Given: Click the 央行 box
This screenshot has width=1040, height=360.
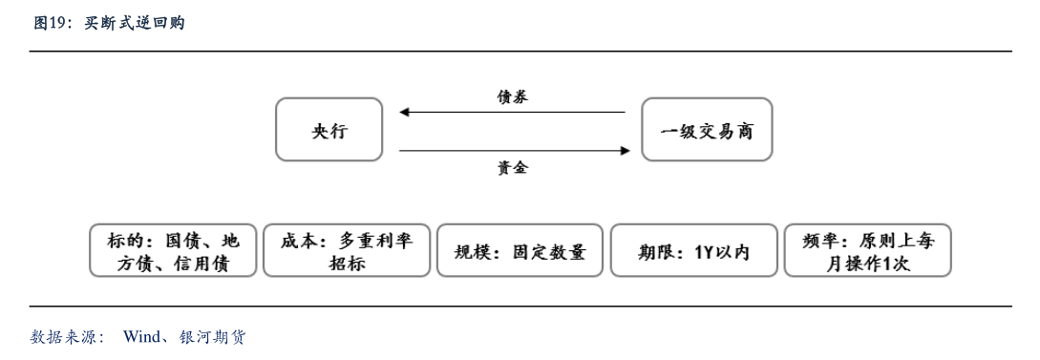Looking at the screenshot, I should point(329,129).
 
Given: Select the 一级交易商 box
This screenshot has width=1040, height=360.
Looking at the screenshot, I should point(706,129).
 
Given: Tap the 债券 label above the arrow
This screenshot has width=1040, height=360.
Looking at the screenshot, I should point(512,96).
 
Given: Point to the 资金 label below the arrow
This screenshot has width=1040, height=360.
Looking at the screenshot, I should point(512,168).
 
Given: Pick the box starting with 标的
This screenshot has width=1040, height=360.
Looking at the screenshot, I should point(173,251).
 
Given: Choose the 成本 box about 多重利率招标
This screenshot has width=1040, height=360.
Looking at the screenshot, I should point(346,251).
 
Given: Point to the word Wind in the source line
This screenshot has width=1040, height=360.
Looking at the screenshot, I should point(141,337).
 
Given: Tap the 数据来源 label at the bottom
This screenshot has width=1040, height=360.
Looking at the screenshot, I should point(66,337).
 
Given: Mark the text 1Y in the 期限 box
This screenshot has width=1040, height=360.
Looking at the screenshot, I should point(704,252).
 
